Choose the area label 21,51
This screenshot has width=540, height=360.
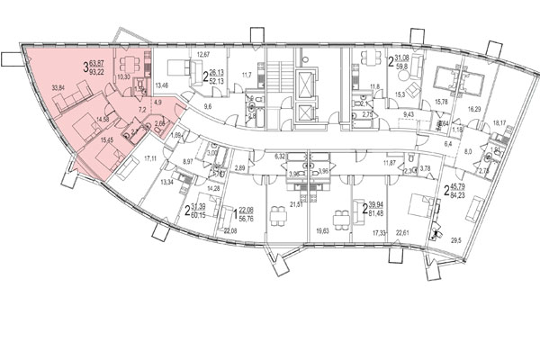point(295,206)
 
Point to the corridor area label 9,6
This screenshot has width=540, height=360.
point(206,106)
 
